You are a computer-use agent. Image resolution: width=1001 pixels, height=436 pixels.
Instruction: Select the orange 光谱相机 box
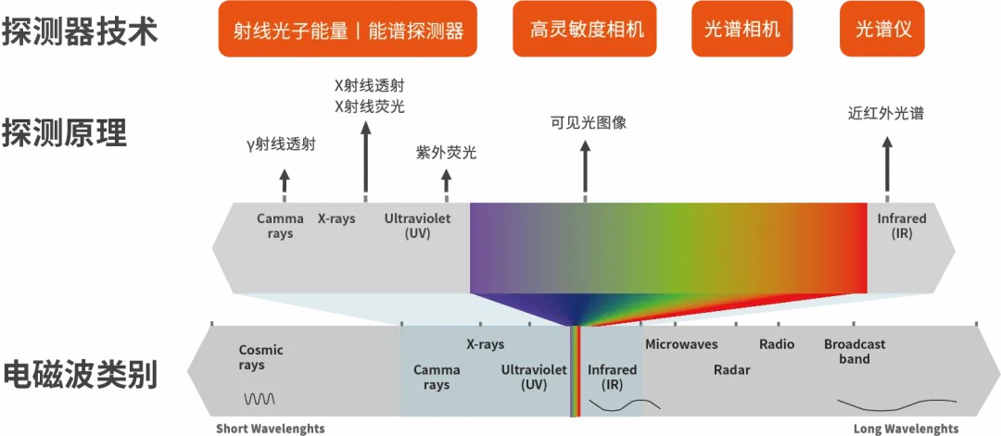[x=736, y=29]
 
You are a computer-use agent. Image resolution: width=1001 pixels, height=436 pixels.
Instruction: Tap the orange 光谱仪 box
[x=883, y=29]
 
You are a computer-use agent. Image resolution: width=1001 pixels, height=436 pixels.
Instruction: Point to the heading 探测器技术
[x=79, y=31]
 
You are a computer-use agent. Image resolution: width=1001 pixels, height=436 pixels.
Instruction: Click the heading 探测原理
[x=64, y=132]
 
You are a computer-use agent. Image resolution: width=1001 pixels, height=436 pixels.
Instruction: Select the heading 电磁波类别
[x=79, y=375]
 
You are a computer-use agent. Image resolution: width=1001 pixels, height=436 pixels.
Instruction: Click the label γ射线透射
[x=281, y=144]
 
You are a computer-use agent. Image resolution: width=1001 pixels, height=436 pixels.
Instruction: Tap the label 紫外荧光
[x=446, y=153]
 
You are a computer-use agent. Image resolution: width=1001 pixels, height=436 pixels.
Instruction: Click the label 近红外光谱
[x=886, y=114]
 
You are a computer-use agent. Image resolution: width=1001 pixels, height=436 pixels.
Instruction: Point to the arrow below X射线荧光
[x=365, y=156]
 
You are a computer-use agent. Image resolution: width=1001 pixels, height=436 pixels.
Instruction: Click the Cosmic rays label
[x=260, y=357]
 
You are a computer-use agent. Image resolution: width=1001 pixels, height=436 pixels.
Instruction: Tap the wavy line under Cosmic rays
[x=260, y=399]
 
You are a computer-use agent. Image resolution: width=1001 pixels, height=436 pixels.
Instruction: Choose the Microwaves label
[x=681, y=344]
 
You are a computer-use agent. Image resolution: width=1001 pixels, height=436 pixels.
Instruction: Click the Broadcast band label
[x=855, y=351]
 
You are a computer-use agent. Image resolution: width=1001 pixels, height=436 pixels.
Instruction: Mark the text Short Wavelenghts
[x=271, y=430]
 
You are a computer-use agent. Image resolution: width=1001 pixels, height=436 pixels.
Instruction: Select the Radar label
[x=731, y=370]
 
